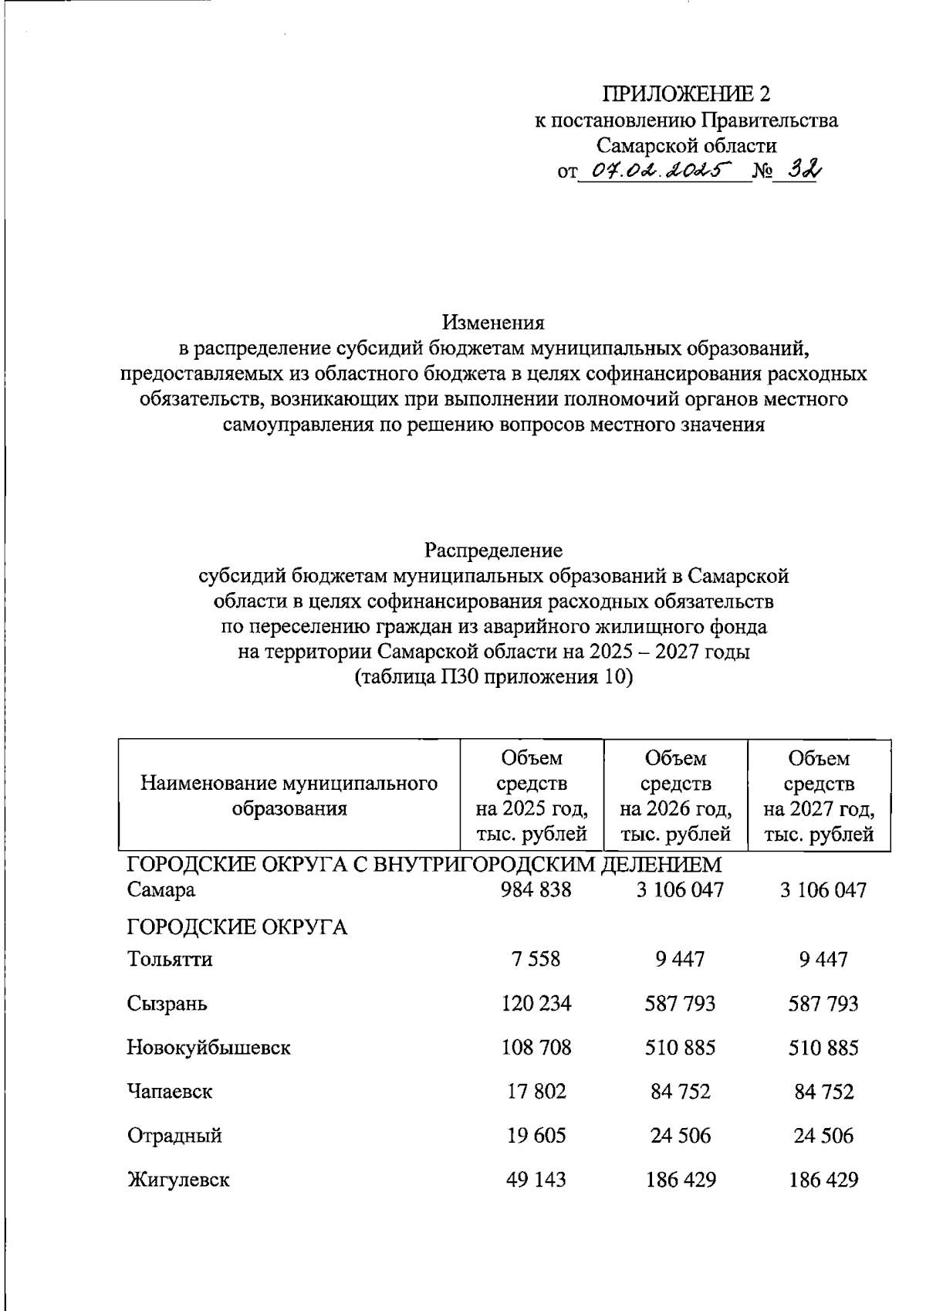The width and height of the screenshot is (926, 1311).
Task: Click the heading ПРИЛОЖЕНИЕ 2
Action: (x=686, y=94)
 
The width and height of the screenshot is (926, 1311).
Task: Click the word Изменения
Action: (x=493, y=322)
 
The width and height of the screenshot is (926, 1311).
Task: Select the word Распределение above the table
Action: (x=493, y=550)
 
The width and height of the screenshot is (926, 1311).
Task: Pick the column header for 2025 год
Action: (x=532, y=796)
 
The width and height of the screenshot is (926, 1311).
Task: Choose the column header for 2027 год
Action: (x=819, y=796)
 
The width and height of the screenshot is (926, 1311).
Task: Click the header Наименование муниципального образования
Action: (x=289, y=796)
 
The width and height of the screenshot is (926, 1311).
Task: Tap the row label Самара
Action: (x=161, y=890)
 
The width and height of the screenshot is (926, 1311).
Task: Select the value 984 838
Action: (x=536, y=890)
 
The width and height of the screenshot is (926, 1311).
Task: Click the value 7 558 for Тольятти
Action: (x=535, y=960)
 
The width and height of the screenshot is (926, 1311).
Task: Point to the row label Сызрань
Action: (x=167, y=1004)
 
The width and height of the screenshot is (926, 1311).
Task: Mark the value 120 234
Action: (x=536, y=1004)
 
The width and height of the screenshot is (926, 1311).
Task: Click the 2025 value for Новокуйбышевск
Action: (x=536, y=1048)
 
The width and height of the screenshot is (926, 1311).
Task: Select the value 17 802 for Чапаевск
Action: (x=536, y=1092)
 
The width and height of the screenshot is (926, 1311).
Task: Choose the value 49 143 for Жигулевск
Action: (x=536, y=1180)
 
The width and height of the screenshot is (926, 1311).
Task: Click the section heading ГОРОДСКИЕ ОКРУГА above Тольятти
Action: (x=237, y=927)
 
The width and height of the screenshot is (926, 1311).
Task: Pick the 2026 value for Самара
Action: (x=680, y=890)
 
